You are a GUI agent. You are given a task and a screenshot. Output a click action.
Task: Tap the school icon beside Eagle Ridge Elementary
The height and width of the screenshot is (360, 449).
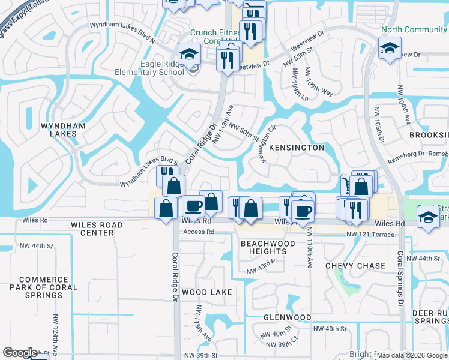[x=189, y=55]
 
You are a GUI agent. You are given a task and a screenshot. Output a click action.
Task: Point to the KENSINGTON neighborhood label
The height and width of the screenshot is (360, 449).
[x=297, y=148]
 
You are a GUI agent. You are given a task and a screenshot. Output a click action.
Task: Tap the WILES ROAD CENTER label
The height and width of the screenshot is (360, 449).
[x=97, y=229]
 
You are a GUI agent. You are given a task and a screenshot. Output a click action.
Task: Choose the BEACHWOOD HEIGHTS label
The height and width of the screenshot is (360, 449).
[x=268, y=247]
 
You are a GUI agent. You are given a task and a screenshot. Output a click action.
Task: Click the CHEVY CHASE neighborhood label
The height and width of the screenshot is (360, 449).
[x=355, y=266]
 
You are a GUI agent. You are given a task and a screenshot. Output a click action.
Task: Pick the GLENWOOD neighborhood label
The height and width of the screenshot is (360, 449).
[x=287, y=317]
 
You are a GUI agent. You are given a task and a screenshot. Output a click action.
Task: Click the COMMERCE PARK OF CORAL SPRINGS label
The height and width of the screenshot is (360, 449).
[x=48, y=283]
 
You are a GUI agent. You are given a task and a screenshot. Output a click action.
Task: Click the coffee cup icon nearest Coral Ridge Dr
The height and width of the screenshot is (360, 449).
[x=193, y=206]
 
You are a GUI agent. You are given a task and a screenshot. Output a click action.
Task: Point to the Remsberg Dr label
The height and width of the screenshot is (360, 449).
[x=408, y=154]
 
